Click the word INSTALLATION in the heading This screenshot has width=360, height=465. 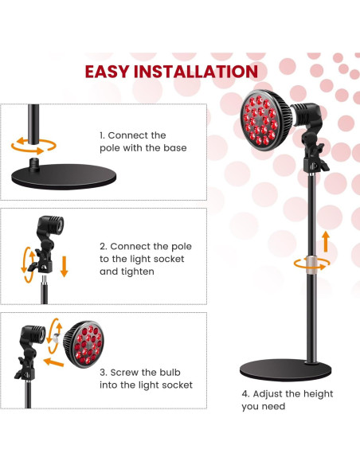click(x=196, y=72)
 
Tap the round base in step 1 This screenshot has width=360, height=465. click(x=64, y=176)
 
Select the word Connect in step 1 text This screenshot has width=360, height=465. click(x=127, y=135)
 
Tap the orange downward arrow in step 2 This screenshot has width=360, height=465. click(x=64, y=267)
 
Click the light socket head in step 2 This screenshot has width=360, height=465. click(x=50, y=225)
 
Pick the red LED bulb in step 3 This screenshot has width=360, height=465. click(x=84, y=344)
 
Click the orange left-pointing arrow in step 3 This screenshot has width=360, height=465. click(x=53, y=362)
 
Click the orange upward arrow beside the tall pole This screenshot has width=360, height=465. click(x=326, y=241)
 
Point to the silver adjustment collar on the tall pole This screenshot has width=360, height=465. click(x=312, y=263)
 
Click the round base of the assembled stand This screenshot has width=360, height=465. click(x=285, y=369)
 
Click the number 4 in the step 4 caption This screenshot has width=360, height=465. click(x=245, y=394)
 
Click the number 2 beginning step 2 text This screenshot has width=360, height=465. click(x=103, y=247)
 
